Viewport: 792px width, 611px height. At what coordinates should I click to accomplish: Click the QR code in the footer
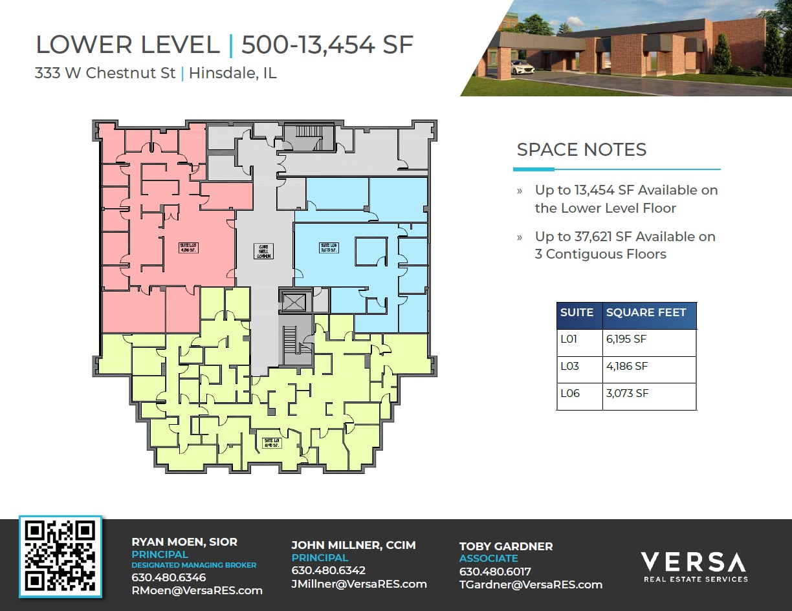pos(60,556)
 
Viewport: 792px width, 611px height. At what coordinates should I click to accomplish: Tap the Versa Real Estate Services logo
pos(693,566)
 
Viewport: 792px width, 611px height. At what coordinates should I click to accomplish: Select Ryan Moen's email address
pos(197,590)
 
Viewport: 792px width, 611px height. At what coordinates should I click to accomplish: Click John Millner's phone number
pos(328,570)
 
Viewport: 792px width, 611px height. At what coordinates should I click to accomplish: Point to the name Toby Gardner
pos(506,546)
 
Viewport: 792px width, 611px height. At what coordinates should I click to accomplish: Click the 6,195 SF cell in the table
pos(626,339)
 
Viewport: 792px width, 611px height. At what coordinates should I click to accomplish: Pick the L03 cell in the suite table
pos(570,366)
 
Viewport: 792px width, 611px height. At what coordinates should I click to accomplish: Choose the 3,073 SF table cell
pos(626,393)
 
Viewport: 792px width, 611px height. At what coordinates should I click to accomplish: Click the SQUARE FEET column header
pos(646,312)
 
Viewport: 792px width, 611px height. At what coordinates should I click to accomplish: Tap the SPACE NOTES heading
pos(581,150)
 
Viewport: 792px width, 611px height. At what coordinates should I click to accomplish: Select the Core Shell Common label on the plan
pos(264,250)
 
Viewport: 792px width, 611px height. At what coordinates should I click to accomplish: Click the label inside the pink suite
pos(187,248)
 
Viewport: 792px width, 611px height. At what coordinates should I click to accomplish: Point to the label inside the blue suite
pos(329,248)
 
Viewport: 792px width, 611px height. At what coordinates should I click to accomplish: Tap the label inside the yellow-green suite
pos(271,443)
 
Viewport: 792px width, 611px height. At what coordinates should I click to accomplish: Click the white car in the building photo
pos(522,66)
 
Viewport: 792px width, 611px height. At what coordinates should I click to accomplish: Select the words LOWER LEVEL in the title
pos(127,45)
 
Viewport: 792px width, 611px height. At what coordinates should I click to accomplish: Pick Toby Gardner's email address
pos(531,584)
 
